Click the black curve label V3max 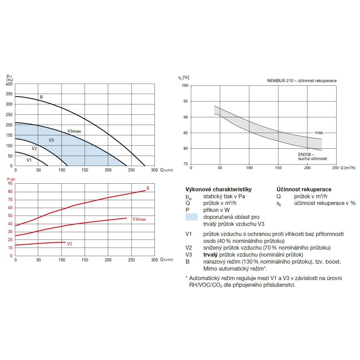(x=74, y=131)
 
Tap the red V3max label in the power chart (x=139, y=219)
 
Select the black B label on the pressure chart (x=41, y=97)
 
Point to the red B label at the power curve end (x=148, y=188)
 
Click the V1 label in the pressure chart (x=29, y=159)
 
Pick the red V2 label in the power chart (x=70, y=244)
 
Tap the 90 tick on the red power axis (x=10, y=184)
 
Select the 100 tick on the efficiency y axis (x=185, y=86)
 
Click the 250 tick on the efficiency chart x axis (x=335, y=168)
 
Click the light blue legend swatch (x=191, y=217)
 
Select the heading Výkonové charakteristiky (x=219, y=189)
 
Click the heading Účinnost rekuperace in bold (x=304, y=189)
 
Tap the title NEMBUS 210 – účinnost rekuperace (x=302, y=81)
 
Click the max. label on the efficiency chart (x=319, y=133)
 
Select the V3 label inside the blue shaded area (x=51, y=140)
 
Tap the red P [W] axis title (x=10, y=179)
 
